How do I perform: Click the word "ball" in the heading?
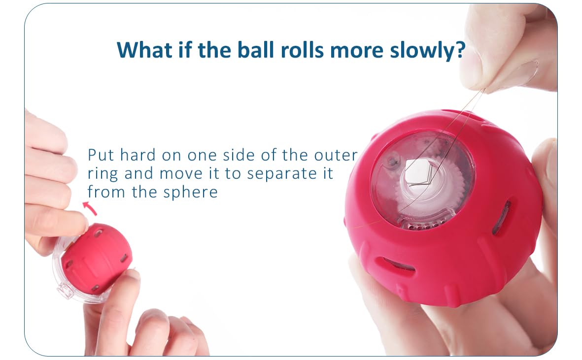[255, 50]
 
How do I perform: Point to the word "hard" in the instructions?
[137, 155]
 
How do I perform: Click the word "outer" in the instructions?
[336, 155]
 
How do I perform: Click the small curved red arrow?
[90, 208]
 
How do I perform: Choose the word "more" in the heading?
[356, 50]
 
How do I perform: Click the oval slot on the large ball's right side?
[501, 218]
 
